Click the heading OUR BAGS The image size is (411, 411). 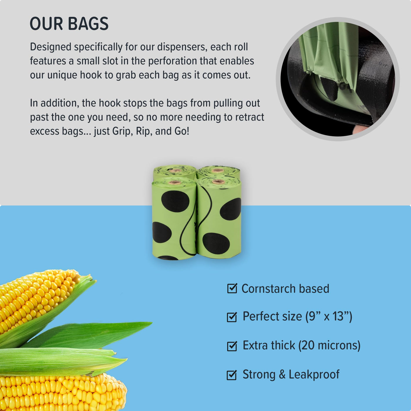coord(69,23)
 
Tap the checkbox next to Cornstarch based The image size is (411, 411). coord(232,288)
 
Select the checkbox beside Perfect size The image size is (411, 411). coord(232,317)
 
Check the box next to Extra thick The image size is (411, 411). coord(232,346)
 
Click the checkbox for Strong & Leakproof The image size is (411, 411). coord(232,375)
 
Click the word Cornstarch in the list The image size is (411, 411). coord(268,289)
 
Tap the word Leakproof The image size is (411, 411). coord(314,375)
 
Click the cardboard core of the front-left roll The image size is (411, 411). coord(175,182)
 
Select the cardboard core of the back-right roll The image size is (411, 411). coord(217,170)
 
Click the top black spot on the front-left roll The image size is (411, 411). coord(175,201)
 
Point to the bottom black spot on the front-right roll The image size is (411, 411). coord(216,243)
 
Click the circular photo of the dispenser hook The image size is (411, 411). coord(338,79)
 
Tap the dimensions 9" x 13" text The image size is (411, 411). coord(329,316)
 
